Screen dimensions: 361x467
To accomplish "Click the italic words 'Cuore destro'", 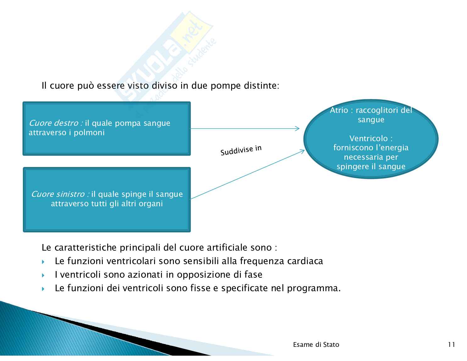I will pyautogui.click(x=55, y=123).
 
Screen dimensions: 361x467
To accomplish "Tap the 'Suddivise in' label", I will pyautogui.click(x=241, y=150).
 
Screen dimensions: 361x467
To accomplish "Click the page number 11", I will pyautogui.click(x=452, y=345).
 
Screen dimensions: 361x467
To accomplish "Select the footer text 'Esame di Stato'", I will pyautogui.click(x=316, y=345).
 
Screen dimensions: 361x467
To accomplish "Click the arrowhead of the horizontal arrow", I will pyautogui.click(x=297, y=128).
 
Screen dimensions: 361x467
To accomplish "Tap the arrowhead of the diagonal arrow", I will pyautogui.click(x=303, y=152).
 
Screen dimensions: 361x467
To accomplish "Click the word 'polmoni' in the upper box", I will pyautogui.click(x=89, y=133).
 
